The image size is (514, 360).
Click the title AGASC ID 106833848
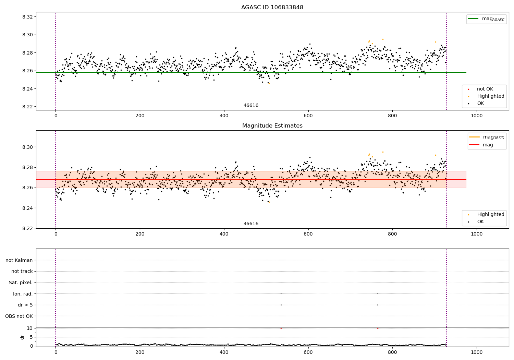pos(272,8)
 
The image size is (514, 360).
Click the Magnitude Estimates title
pos(272,126)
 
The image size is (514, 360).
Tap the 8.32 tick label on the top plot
pos(27,17)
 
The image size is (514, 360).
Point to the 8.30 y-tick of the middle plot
pos(27,147)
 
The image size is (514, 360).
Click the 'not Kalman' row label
pos(19,260)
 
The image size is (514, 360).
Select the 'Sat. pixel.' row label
pos(21,283)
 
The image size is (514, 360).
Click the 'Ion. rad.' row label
pos(23,294)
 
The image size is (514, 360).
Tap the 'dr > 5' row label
pos(25,305)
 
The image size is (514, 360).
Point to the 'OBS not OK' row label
pos(19,316)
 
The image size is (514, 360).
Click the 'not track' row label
pos(22,271)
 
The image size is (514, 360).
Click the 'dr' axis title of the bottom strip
pos(22,337)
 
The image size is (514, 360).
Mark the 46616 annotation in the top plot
pos(251,106)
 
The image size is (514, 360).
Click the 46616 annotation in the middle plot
pos(251,224)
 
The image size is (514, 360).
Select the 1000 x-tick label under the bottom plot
pos(476,352)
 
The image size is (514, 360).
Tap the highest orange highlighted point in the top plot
pos(383,39)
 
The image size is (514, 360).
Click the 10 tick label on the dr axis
pos(30,328)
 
